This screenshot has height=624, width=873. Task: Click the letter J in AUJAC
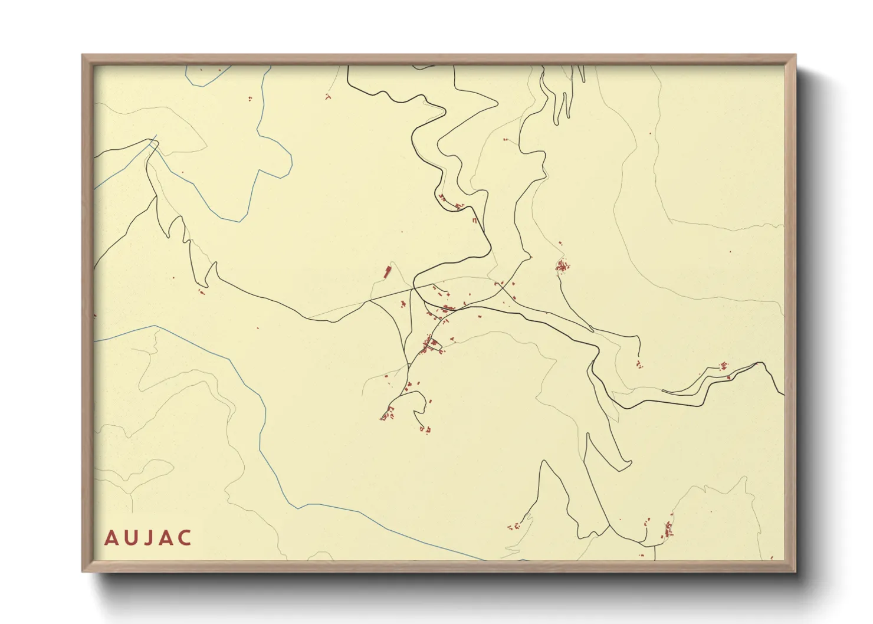tap(147, 538)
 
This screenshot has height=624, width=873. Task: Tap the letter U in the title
tap(129, 538)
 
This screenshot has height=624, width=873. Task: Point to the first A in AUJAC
tap(110, 538)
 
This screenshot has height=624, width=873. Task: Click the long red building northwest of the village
tap(388, 272)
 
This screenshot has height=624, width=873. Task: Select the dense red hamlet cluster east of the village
tap(562, 267)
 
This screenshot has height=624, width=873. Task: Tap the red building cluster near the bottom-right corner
tap(668, 529)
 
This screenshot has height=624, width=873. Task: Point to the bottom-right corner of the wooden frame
tap(795, 571)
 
